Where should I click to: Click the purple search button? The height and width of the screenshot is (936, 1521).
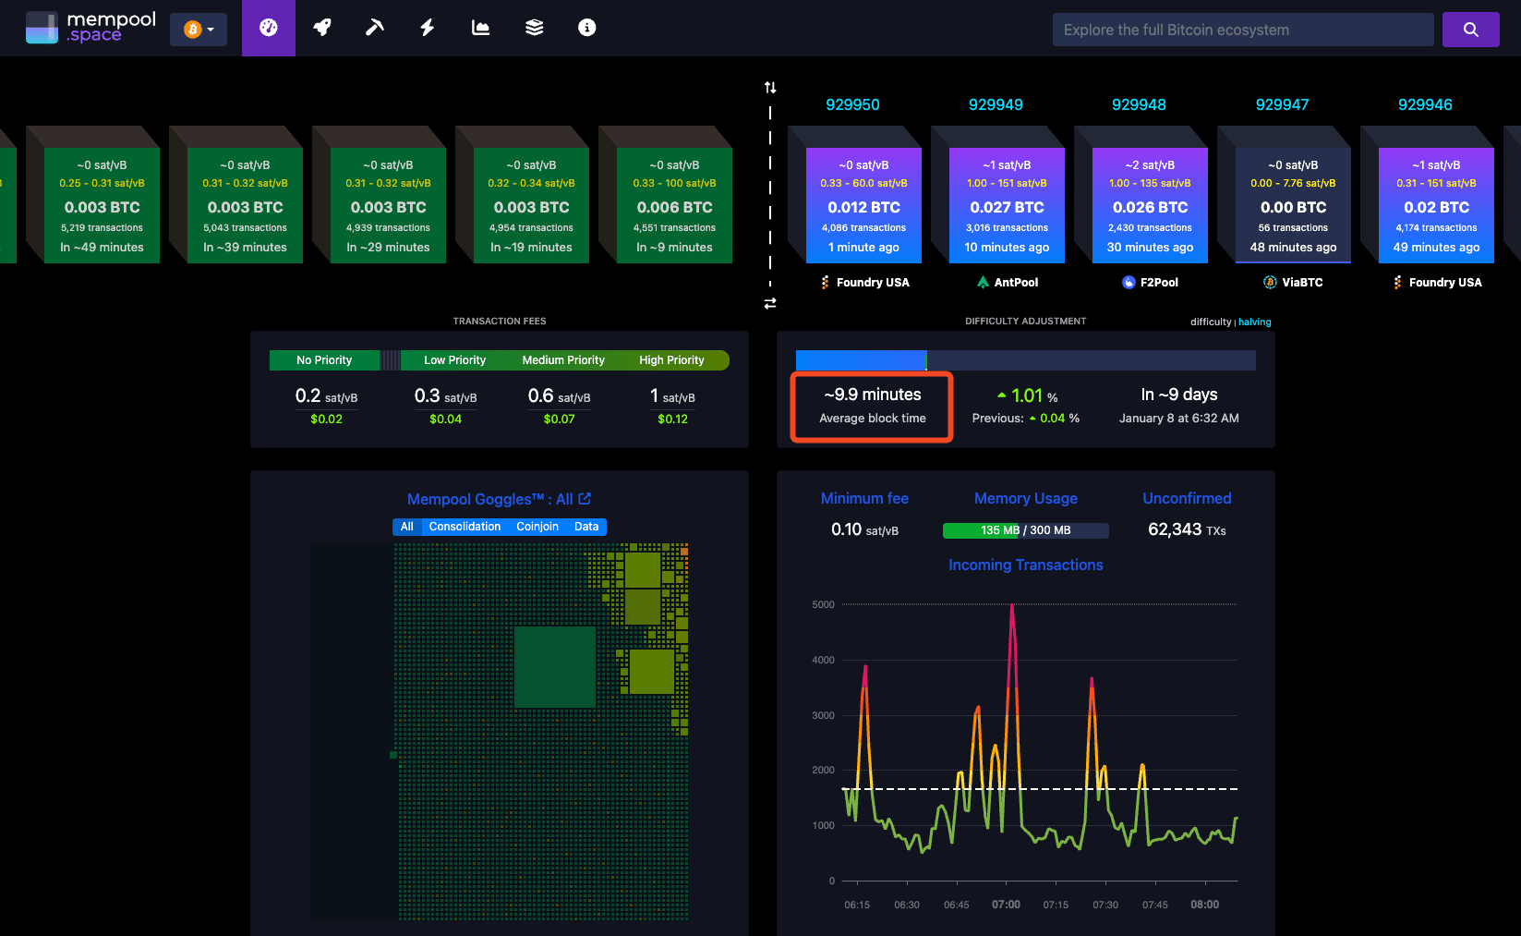(1470, 30)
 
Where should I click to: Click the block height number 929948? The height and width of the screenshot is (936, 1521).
(1139, 104)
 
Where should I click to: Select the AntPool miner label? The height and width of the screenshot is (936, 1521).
(1008, 282)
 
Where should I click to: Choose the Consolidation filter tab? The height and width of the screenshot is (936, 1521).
(465, 527)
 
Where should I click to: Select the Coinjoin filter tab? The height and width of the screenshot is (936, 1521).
(537, 527)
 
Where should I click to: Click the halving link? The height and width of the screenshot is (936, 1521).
(1254, 322)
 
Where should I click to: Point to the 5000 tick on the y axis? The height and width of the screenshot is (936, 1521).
(823, 604)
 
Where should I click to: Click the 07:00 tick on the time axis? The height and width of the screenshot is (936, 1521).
(1006, 905)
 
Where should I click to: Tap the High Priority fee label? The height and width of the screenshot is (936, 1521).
(671, 360)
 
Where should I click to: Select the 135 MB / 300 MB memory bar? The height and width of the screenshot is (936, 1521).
(1025, 530)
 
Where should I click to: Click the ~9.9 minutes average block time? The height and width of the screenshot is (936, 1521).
(872, 395)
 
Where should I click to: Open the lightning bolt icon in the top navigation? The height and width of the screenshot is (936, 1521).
(428, 28)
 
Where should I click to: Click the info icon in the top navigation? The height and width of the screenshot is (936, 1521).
(586, 28)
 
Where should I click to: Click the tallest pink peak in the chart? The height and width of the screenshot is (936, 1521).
(1012, 607)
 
